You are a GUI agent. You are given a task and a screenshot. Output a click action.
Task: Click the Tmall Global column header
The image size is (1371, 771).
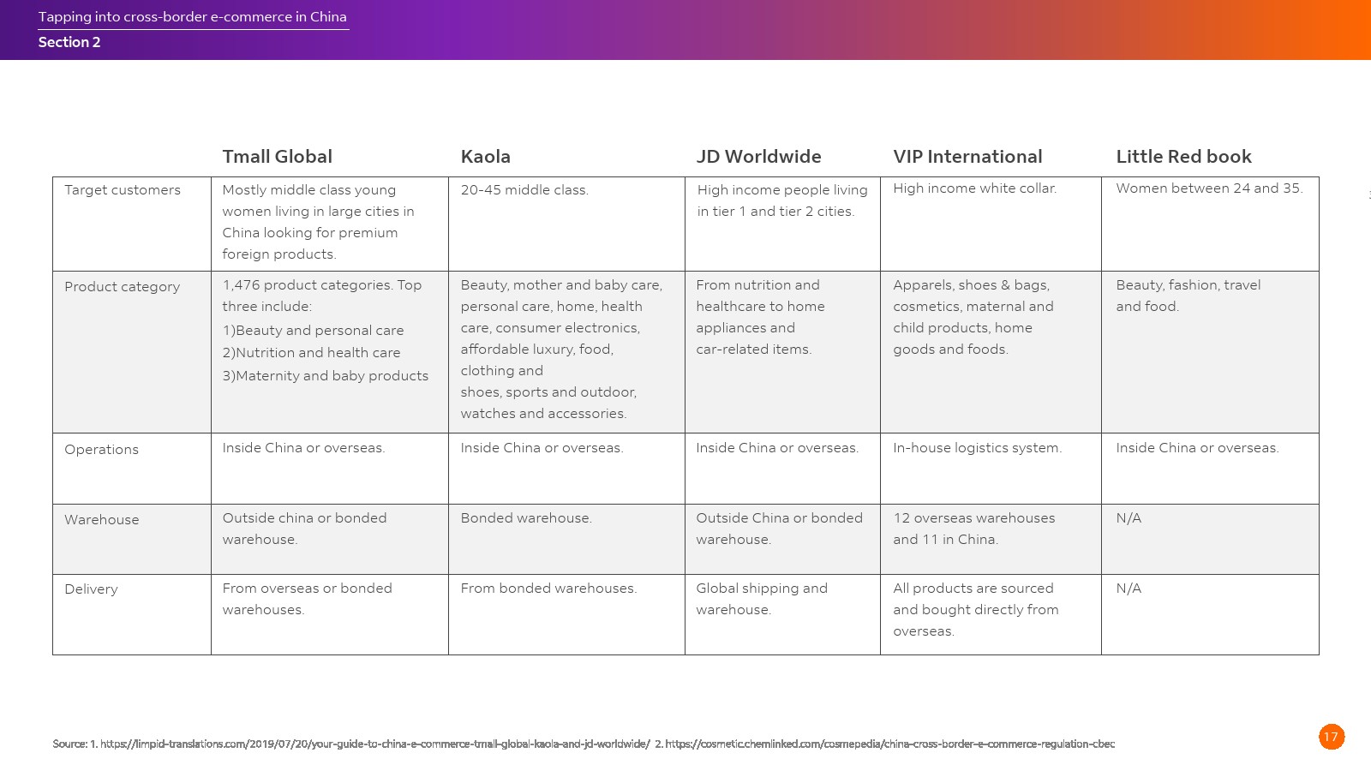pyautogui.click(x=277, y=157)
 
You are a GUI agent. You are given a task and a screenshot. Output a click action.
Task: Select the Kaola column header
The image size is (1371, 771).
pyautogui.click(x=485, y=157)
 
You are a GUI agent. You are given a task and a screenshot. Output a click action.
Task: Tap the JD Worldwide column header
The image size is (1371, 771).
pyautogui.click(x=758, y=157)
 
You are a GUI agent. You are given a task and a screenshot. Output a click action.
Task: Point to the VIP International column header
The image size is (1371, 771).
pyautogui.click(x=967, y=157)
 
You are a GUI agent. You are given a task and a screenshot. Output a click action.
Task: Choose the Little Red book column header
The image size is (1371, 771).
pyautogui.click(x=1183, y=157)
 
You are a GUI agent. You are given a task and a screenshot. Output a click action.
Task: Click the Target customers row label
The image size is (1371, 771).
pyautogui.click(x=123, y=190)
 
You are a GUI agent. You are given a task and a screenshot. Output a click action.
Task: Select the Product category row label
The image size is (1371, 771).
pyautogui.click(x=122, y=287)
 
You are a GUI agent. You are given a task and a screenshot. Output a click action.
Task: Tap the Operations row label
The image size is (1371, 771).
pyautogui.click(x=101, y=450)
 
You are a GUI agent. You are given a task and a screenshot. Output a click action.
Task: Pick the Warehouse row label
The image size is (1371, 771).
pyautogui.click(x=101, y=520)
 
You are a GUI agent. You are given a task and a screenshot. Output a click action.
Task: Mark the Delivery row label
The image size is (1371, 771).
pyautogui.click(x=91, y=589)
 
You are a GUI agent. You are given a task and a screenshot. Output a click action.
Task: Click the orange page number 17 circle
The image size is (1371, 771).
pyautogui.click(x=1331, y=737)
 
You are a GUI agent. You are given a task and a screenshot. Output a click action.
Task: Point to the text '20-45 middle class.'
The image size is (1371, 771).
pyautogui.click(x=524, y=190)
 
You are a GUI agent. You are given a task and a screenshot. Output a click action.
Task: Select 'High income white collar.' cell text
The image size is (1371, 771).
pyautogui.click(x=974, y=188)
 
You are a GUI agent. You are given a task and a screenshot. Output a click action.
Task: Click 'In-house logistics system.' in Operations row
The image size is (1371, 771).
pyautogui.click(x=977, y=448)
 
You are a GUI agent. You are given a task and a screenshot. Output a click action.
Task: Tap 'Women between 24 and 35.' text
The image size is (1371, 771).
pyautogui.click(x=1208, y=188)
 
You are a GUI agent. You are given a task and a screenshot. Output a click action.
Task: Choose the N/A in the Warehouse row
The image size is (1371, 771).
pyautogui.click(x=1129, y=518)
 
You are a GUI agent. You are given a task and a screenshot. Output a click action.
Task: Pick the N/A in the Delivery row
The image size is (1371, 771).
pyautogui.click(x=1129, y=589)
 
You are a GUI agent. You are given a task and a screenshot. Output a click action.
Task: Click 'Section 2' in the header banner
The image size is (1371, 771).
pyautogui.click(x=69, y=43)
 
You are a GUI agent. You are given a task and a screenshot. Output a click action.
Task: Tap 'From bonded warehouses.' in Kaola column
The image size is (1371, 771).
pyautogui.click(x=548, y=589)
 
